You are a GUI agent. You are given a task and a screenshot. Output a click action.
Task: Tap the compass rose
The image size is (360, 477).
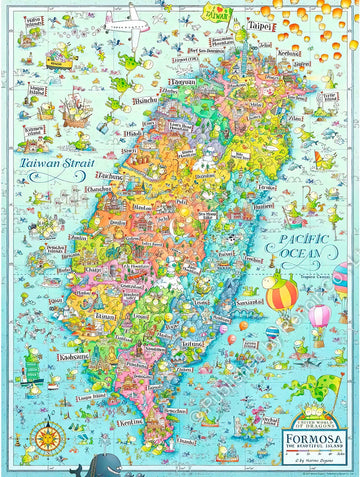coord(46,410)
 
